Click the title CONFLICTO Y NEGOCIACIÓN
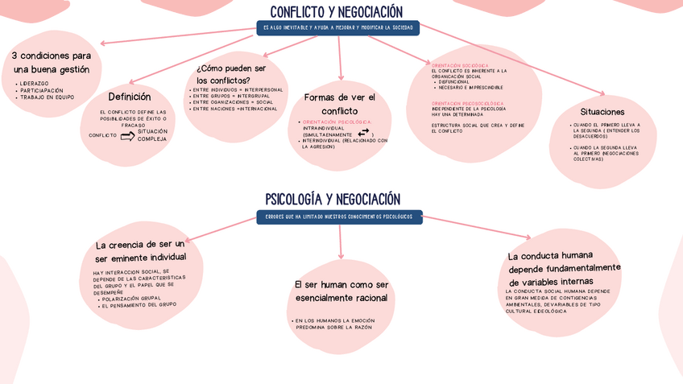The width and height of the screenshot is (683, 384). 336,12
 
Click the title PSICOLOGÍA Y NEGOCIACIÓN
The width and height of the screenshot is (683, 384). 333,199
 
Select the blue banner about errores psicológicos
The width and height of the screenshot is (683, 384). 339,217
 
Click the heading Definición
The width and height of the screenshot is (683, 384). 130,97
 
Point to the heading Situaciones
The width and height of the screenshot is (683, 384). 602,111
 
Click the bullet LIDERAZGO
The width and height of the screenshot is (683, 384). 35,83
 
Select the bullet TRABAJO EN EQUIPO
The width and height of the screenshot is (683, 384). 48,97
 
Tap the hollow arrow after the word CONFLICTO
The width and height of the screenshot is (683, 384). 127,135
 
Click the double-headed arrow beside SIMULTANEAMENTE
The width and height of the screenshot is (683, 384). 363,132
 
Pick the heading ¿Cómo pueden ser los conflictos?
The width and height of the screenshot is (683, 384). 231,74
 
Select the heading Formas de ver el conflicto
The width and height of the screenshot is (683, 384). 340,104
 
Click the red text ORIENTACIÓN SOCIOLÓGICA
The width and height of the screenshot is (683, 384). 461,64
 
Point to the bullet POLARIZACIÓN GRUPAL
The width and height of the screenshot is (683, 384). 131,299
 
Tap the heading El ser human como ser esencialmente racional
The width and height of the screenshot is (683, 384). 341,291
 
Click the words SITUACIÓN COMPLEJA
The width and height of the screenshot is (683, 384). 152,134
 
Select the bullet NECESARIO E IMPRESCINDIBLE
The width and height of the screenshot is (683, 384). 471,87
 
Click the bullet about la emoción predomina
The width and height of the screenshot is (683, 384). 333,324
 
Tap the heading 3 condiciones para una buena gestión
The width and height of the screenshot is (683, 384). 52,63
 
